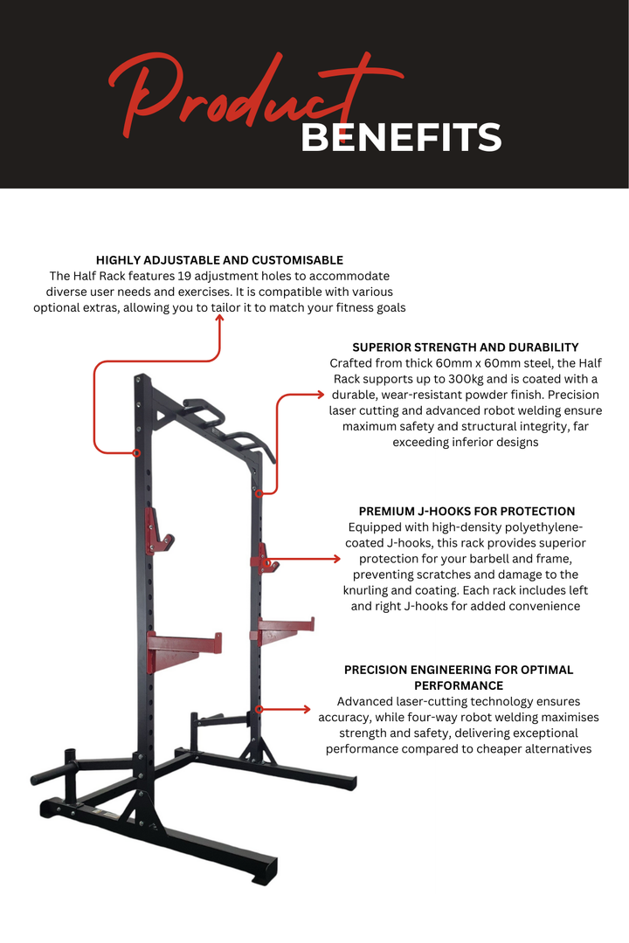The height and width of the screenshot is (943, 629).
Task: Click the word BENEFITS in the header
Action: click(x=401, y=138)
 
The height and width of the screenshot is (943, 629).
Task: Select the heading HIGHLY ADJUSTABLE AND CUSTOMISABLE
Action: click(x=219, y=260)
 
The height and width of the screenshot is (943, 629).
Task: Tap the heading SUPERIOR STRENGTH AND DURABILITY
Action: click(x=466, y=348)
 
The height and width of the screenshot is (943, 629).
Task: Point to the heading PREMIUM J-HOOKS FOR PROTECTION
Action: click(x=467, y=512)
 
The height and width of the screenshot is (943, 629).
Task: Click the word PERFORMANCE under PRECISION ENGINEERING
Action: click(x=459, y=685)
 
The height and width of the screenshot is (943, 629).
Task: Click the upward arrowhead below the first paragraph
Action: click(x=219, y=320)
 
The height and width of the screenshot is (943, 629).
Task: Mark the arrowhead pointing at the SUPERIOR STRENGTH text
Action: click(x=318, y=395)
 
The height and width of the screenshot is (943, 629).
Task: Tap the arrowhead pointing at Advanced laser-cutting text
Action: click(x=307, y=709)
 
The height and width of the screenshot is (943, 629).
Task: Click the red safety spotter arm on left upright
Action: click(x=183, y=644)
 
